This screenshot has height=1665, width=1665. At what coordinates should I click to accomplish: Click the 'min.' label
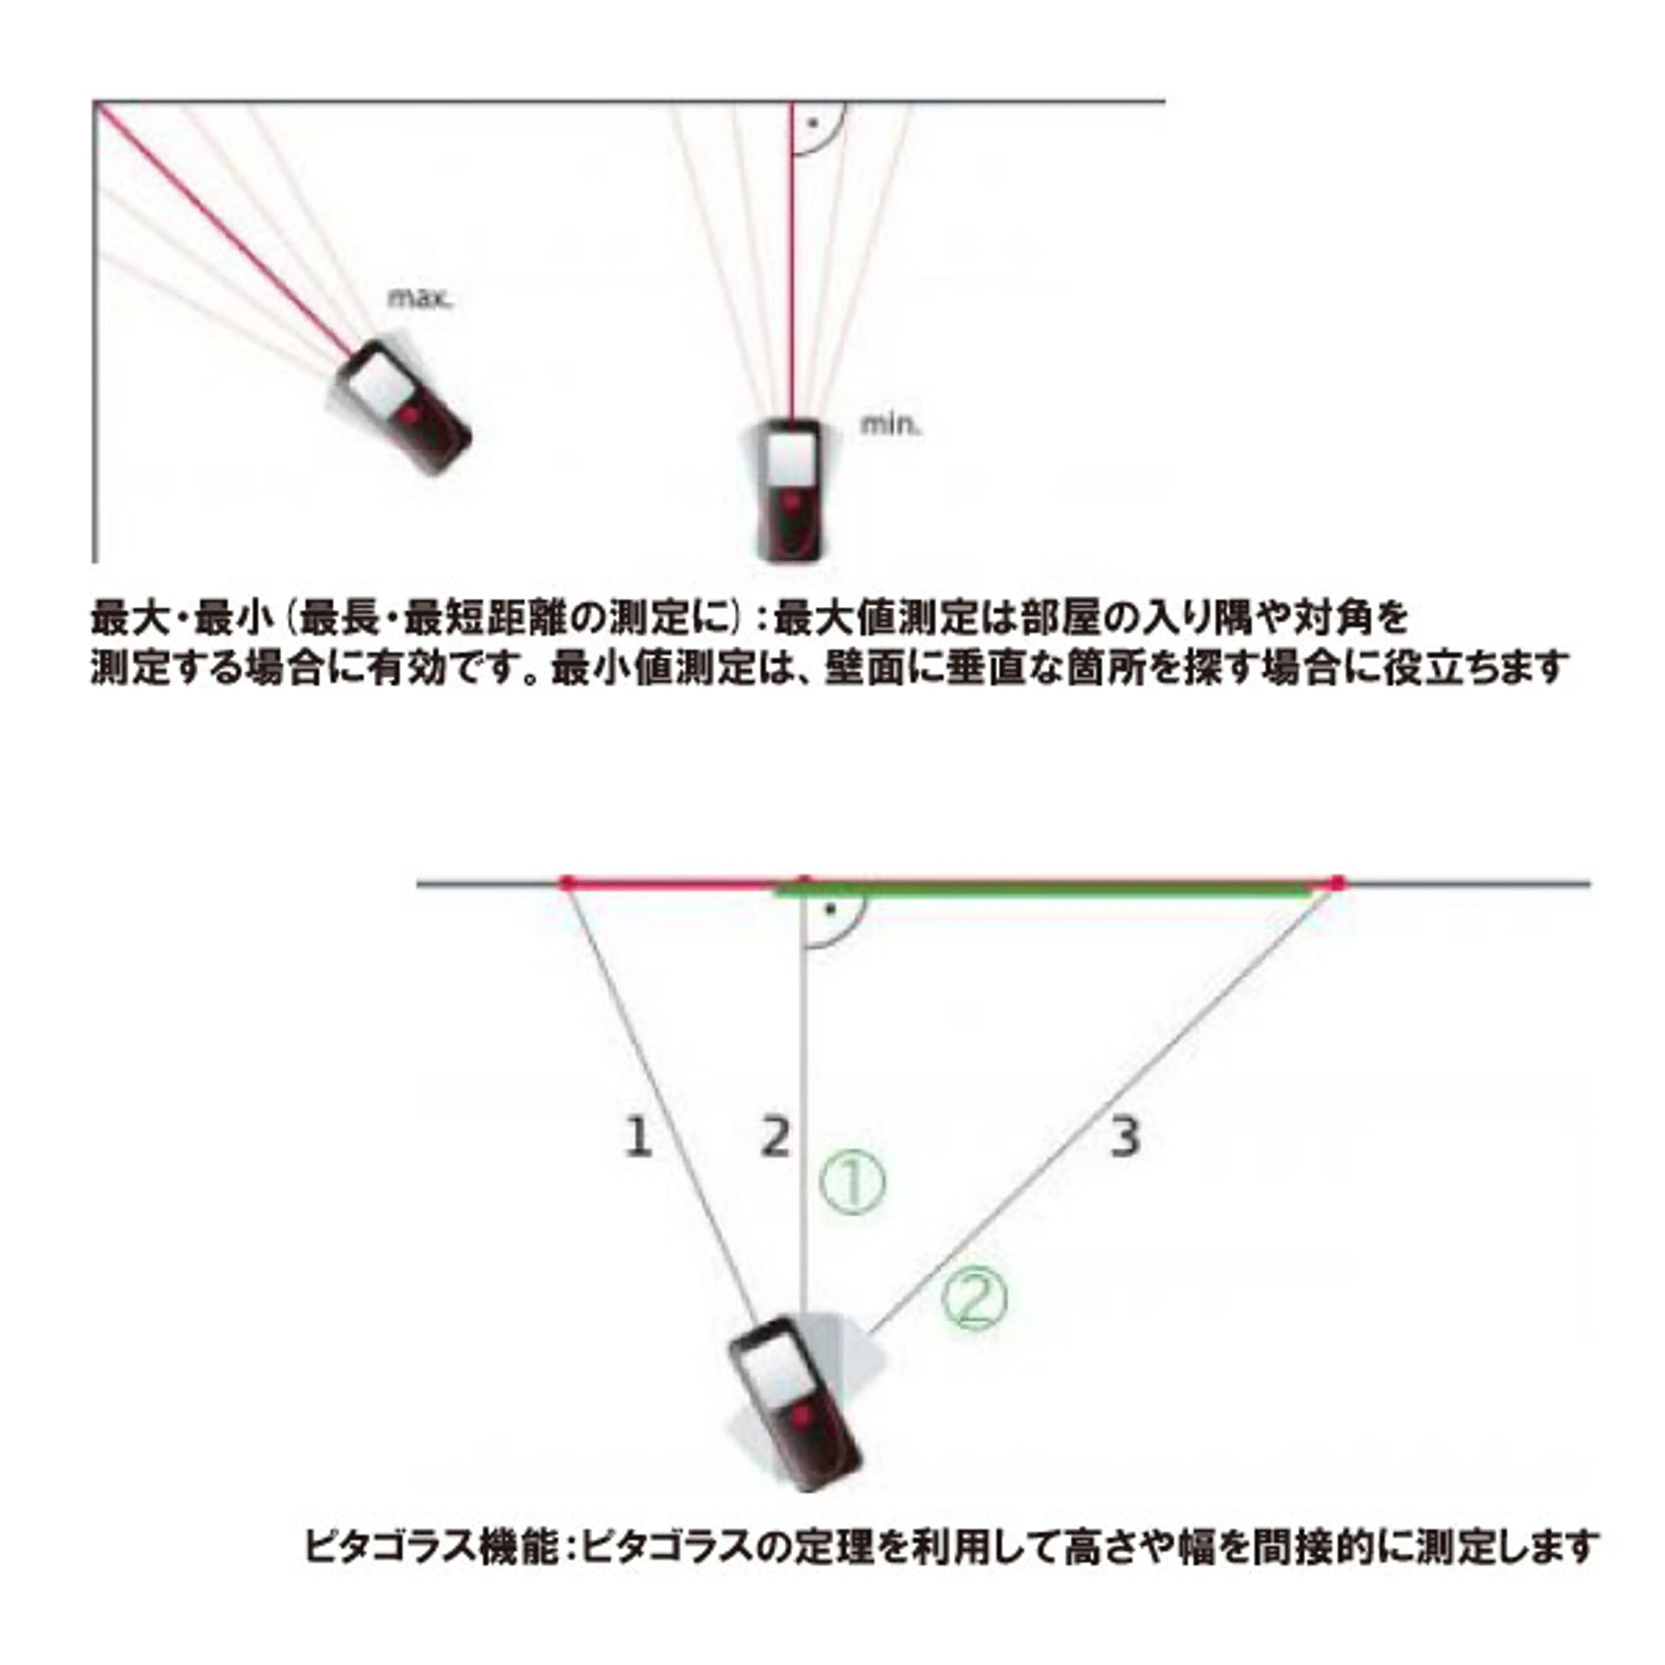pos(891,425)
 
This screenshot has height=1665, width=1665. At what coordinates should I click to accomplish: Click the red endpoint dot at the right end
pos(1337,882)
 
